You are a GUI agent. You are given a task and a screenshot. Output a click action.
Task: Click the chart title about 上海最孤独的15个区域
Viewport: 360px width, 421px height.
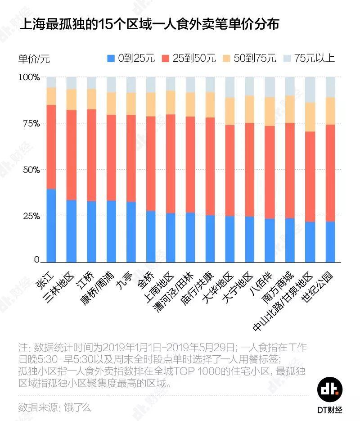pyautogui.click(x=149, y=24)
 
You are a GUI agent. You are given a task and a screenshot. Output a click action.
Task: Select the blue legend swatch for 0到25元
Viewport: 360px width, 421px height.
pyautogui.click(x=111, y=58)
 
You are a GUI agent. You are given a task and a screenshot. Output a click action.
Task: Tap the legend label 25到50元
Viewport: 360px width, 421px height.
pyautogui.click(x=195, y=58)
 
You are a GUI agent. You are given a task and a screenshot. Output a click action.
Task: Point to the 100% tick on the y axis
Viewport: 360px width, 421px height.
pyautogui.click(x=29, y=77)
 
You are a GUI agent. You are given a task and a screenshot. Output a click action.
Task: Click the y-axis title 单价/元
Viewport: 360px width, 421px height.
pyautogui.click(x=34, y=59)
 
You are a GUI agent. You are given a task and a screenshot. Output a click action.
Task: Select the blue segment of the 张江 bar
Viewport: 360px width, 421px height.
pyautogui.click(x=51, y=225)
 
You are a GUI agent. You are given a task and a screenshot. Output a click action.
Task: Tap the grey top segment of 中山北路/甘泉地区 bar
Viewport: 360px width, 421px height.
pyautogui.click(x=310, y=90)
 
